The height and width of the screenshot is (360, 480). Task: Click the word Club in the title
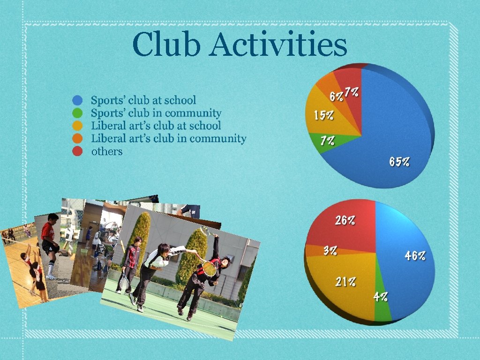(x=166, y=45)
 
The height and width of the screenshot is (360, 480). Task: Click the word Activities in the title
(x=278, y=45)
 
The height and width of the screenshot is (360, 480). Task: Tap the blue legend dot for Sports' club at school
(x=78, y=100)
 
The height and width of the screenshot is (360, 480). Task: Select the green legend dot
(x=78, y=113)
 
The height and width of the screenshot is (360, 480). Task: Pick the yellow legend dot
(x=78, y=126)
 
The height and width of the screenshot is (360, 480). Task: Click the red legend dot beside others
(x=78, y=151)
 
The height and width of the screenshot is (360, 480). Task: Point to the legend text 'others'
(x=107, y=151)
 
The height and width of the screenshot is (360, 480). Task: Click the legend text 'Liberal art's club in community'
(x=168, y=138)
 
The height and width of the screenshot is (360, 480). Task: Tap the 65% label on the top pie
(x=399, y=162)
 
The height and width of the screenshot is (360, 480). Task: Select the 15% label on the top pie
(x=324, y=115)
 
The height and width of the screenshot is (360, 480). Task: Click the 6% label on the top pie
(x=336, y=97)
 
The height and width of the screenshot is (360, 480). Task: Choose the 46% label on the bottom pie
(x=415, y=255)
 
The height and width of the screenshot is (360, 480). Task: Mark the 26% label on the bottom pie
(x=345, y=220)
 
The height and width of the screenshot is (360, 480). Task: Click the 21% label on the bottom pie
(x=345, y=282)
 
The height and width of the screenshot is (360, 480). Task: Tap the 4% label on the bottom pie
(x=381, y=296)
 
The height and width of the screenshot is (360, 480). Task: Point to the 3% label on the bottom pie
(x=330, y=250)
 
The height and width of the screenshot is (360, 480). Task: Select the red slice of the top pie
(x=349, y=80)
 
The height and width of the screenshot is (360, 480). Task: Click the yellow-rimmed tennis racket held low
(x=209, y=268)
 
